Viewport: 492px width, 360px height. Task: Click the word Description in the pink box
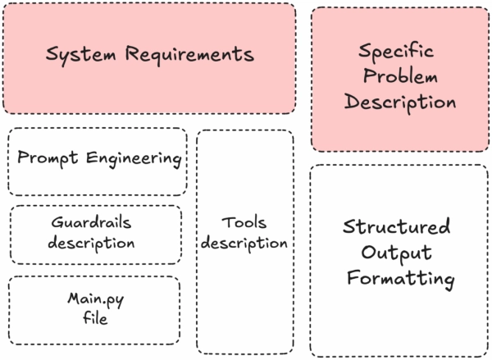[399, 103]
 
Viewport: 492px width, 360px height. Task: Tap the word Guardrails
[91, 223]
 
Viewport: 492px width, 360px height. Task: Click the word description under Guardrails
[91, 244]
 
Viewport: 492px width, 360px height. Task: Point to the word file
[95, 319]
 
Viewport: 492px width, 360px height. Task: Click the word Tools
[244, 223]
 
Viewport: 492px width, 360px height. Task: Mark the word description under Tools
[244, 244]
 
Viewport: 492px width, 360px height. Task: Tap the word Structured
[397, 226]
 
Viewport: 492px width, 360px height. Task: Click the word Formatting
[399, 279]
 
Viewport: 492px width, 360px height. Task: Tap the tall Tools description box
[244, 312]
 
